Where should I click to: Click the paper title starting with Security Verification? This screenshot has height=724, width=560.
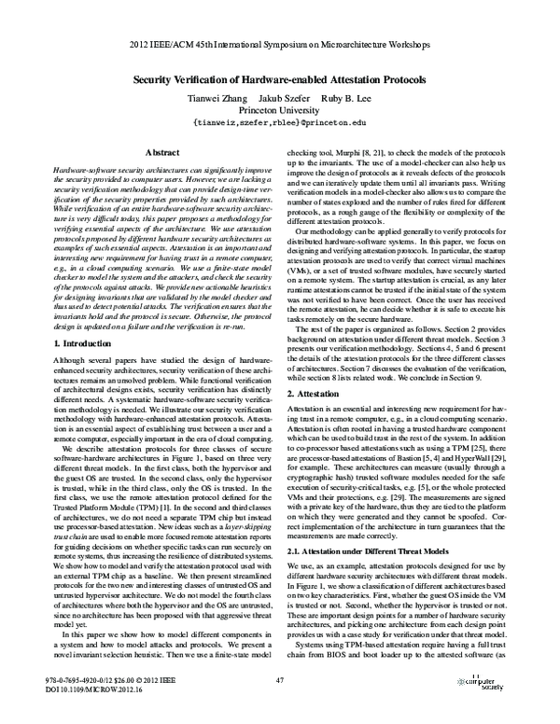click(279, 80)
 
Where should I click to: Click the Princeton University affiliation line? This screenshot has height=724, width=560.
click(279, 110)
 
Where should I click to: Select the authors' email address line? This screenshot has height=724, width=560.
click(279, 122)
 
